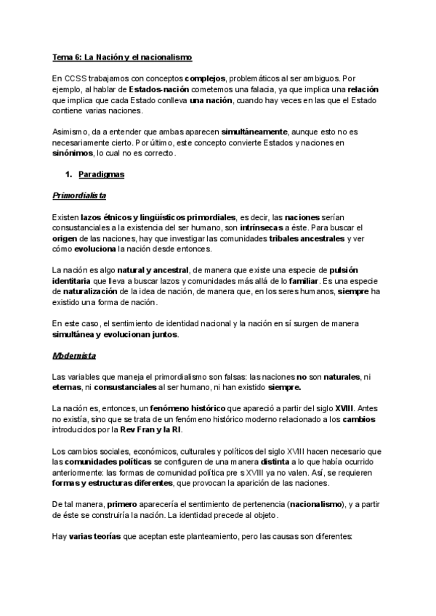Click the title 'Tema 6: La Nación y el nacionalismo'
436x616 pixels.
(x=122, y=57)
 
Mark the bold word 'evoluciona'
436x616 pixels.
(x=95, y=249)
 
